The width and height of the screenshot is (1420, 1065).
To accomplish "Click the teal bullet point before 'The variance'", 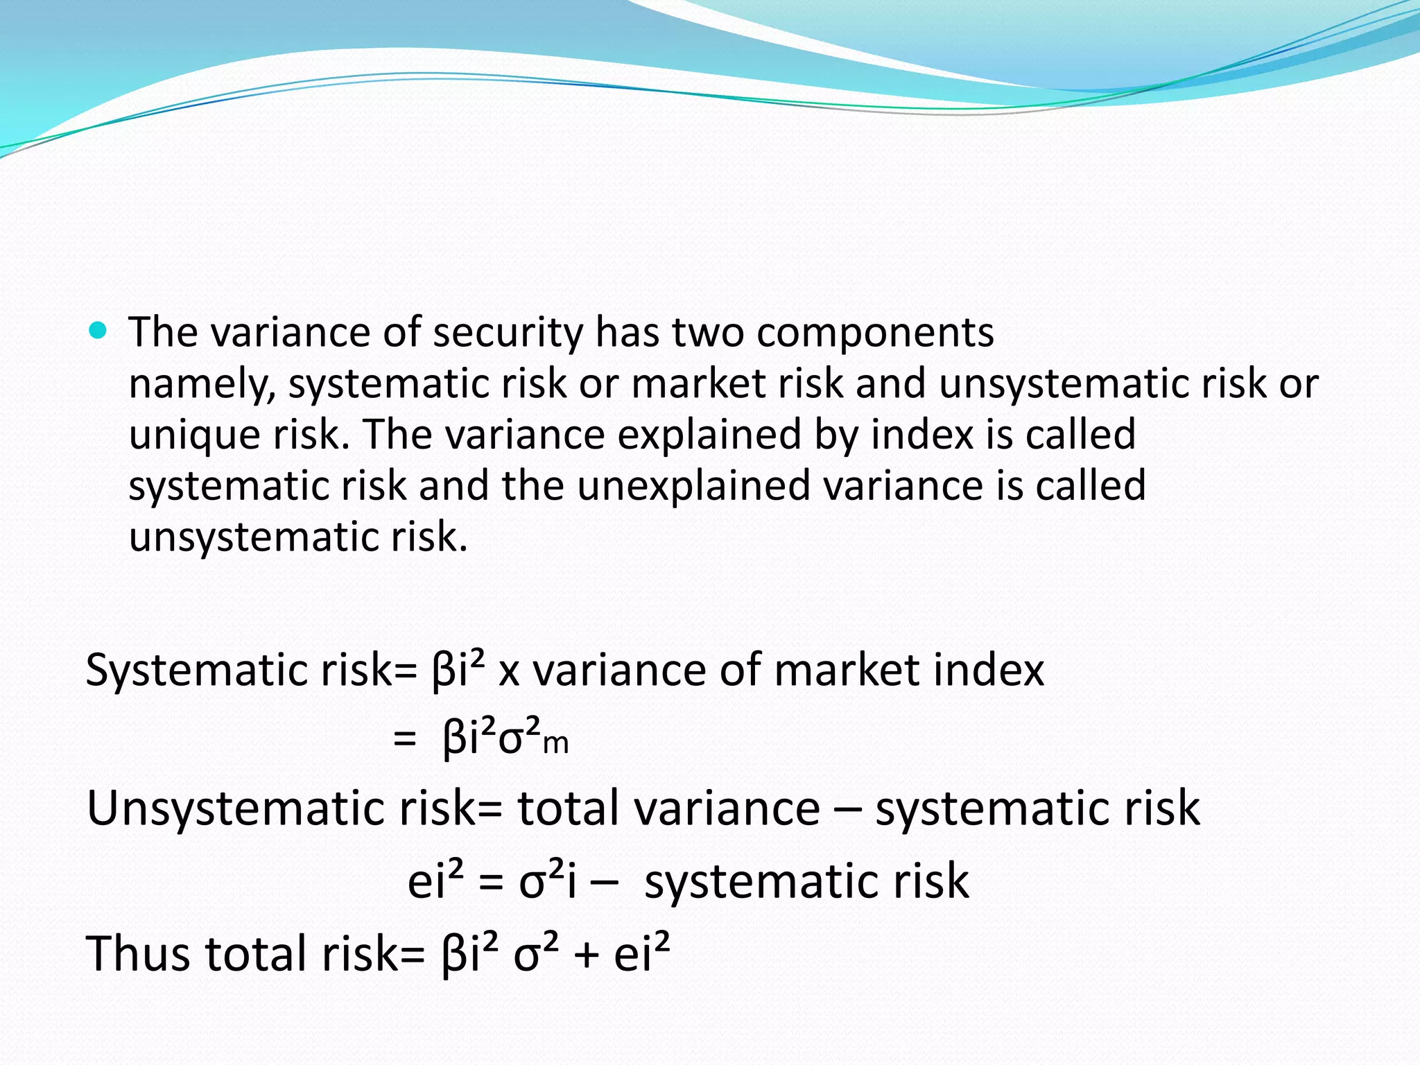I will (x=98, y=330).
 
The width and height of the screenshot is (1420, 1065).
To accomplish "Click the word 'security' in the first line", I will (x=508, y=333).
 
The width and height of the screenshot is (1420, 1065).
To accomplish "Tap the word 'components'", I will (x=875, y=334).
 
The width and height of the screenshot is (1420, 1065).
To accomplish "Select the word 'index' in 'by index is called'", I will (x=921, y=435).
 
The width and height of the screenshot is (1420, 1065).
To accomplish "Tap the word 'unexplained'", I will (x=693, y=487).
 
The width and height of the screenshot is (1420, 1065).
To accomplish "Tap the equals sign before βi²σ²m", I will (x=404, y=739).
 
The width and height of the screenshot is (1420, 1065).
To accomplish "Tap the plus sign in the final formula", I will (x=586, y=955).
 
